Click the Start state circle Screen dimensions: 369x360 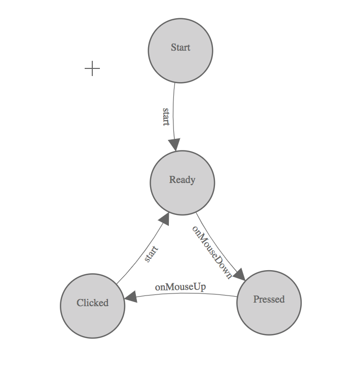point(180,51)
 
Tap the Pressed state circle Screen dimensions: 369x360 point(269,303)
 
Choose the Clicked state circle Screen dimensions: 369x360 point(92,306)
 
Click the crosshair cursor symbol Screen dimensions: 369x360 point(92,68)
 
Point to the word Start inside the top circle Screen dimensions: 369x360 point(180,48)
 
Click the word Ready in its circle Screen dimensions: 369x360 point(182,179)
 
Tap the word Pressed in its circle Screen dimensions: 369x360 point(269,299)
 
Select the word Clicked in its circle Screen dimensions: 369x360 point(92,303)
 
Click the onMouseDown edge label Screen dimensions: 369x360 point(211,252)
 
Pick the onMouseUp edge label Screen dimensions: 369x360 point(180,287)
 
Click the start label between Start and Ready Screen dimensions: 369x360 point(166,117)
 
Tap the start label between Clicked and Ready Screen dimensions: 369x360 point(151,253)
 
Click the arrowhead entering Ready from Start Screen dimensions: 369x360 point(176,145)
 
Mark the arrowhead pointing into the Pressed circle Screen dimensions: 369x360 point(239,274)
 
